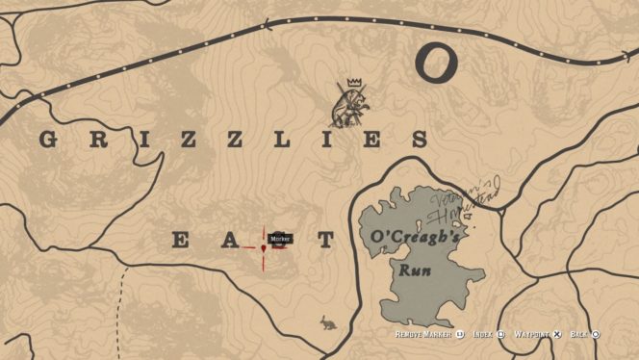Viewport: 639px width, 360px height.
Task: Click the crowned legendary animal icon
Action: pos(349,106)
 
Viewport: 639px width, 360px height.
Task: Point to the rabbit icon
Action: pos(329,323)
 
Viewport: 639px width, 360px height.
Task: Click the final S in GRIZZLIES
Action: pos(419,140)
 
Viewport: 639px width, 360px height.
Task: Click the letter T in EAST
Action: pos(326,241)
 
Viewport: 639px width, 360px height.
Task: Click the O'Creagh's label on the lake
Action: pos(399,236)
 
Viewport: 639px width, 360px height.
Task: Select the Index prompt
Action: pos(486,334)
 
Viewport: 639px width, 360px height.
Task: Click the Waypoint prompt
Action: pos(536,334)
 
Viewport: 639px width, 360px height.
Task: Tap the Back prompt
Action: pos(585,334)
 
